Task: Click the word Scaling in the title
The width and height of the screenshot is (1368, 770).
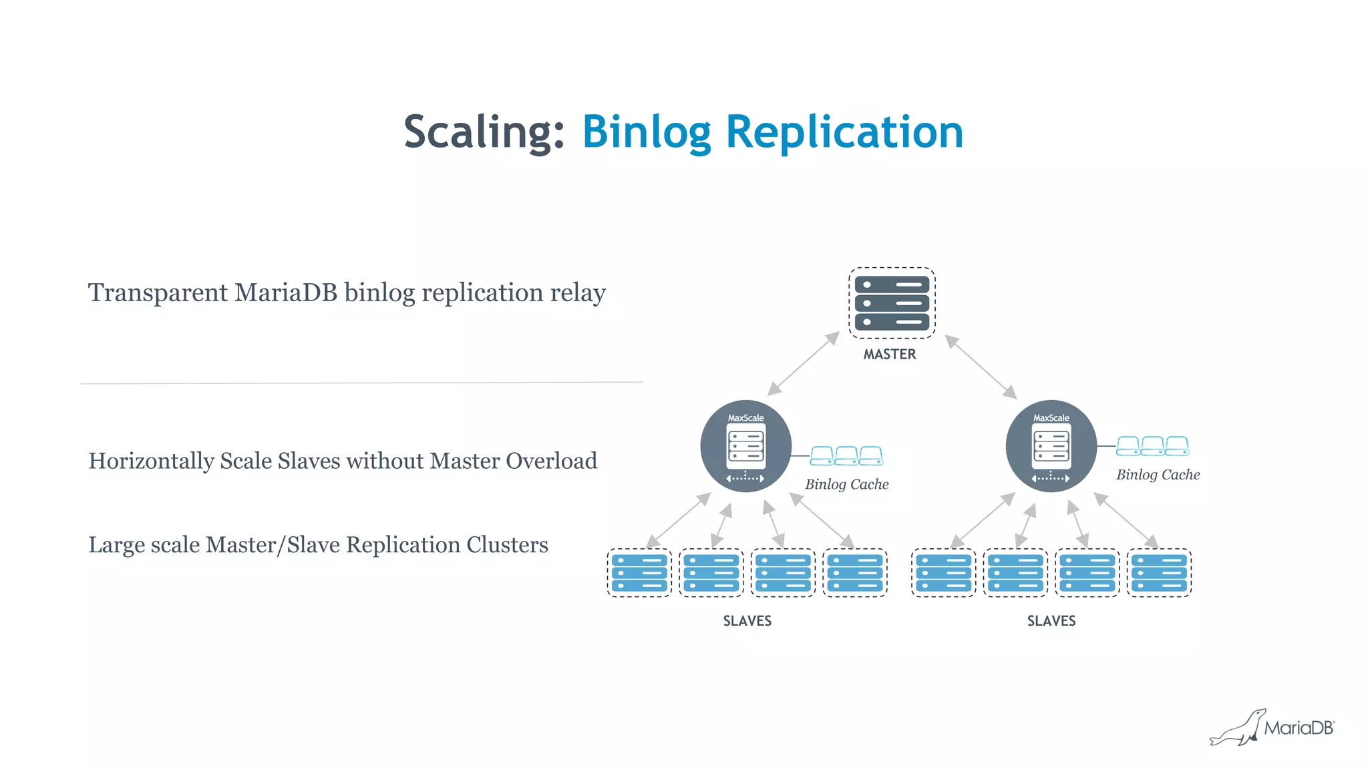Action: tap(484, 132)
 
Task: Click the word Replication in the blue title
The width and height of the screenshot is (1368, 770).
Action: tap(844, 132)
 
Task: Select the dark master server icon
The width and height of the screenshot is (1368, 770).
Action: tap(892, 303)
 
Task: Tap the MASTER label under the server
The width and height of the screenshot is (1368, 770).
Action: tap(890, 355)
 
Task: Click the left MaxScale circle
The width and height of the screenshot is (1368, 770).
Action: tap(745, 446)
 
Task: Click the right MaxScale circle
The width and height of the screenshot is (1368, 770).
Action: tap(1051, 446)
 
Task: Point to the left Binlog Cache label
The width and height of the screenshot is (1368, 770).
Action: tap(846, 484)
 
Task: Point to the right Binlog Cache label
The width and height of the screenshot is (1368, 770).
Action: tap(1158, 475)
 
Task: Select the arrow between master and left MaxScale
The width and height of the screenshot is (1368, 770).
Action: tap(804, 363)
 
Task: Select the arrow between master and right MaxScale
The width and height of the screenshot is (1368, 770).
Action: tap(981, 367)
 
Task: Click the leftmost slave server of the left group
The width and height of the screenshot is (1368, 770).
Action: tap(639, 573)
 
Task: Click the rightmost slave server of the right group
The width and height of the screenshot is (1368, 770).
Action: tap(1159, 573)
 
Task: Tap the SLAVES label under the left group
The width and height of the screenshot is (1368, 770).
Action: tap(747, 621)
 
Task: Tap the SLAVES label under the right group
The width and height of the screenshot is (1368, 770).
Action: tap(1051, 621)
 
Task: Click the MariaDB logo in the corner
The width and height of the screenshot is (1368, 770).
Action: tap(1272, 727)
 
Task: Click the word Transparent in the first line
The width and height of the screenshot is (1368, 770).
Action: tap(158, 293)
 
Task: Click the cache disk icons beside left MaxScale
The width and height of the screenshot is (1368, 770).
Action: tap(846, 456)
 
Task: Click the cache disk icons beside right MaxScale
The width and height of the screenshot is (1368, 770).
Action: tap(1152, 446)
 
